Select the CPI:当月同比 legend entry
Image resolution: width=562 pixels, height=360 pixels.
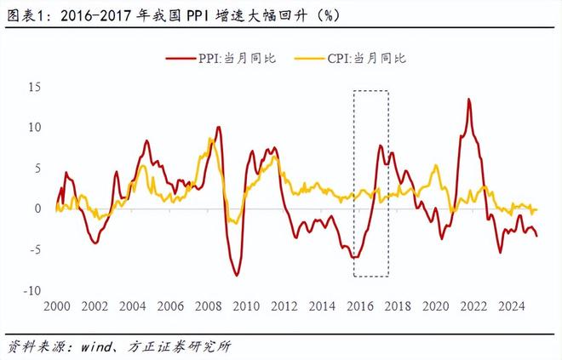pyautogui.click(x=358, y=58)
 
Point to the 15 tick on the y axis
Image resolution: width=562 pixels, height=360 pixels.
pyautogui.click(x=34, y=87)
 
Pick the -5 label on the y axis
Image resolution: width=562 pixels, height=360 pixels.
pyautogui.click(x=33, y=249)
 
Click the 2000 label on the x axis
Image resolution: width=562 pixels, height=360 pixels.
pyautogui.click(x=56, y=306)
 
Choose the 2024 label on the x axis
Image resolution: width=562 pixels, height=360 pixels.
pyautogui.click(x=512, y=306)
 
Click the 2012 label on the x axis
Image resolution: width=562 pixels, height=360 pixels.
pyautogui.click(x=284, y=306)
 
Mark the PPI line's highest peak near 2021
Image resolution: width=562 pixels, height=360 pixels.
pyautogui.click(x=468, y=99)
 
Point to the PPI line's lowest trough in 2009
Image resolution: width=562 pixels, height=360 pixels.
pyautogui.click(x=237, y=275)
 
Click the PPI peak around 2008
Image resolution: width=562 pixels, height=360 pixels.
pyautogui.click(x=219, y=127)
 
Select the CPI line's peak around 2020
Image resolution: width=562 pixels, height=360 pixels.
pyautogui.click(x=437, y=166)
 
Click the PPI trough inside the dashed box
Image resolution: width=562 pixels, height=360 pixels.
pyautogui.click(x=356, y=257)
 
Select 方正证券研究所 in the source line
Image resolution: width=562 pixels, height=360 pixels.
pyautogui.click(x=178, y=346)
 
